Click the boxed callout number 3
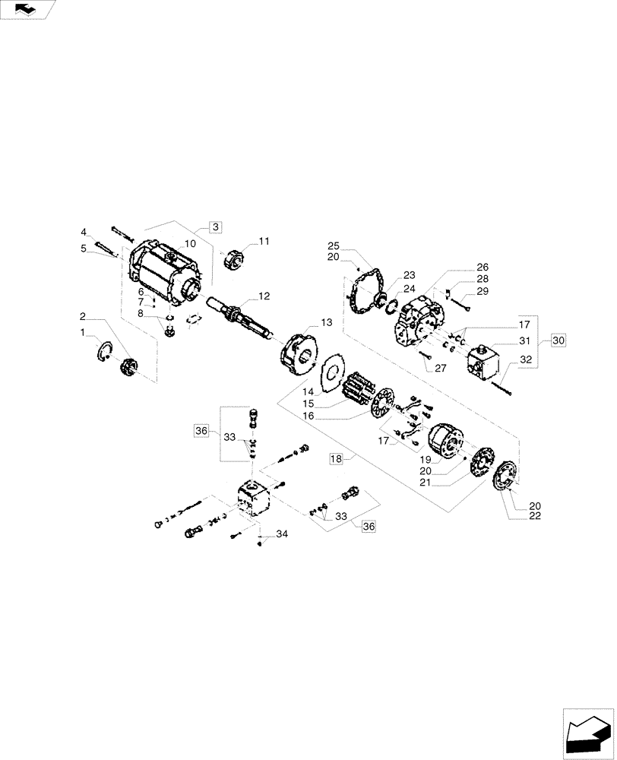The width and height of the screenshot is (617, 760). [215, 227]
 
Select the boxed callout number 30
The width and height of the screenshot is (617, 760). [558, 340]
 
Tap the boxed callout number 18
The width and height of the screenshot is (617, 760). [337, 458]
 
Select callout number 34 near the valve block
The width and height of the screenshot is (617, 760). [282, 535]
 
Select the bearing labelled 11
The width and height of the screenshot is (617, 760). [233, 260]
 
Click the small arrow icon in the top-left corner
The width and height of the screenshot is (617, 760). [27, 9]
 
